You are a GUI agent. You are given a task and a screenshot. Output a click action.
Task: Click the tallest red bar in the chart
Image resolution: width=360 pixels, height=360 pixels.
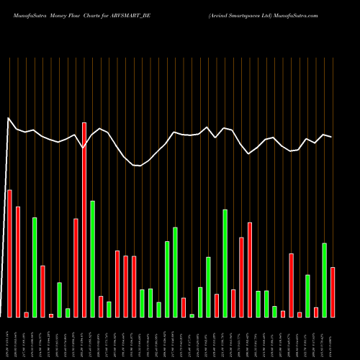[84, 220]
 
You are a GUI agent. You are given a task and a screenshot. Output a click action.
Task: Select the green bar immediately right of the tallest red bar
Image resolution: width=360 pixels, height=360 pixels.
[92, 259]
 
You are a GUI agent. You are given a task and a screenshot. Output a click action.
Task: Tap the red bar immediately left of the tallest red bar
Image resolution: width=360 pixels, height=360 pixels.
[76, 268]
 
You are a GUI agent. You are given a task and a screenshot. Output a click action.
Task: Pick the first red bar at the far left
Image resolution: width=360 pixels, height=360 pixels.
[9, 253]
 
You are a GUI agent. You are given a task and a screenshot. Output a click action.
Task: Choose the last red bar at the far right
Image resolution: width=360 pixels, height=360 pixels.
[333, 292]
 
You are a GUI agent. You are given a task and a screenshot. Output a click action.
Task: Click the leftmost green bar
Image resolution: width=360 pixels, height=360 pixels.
[35, 267]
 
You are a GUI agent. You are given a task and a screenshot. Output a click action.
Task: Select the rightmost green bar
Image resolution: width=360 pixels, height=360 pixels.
[324, 280]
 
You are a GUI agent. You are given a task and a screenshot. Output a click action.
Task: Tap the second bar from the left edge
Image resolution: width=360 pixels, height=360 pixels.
[18, 261]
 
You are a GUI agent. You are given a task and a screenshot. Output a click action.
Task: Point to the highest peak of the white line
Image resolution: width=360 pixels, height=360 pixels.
[9, 117]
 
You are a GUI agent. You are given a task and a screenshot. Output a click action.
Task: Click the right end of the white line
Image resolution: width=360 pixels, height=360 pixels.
[332, 137]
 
